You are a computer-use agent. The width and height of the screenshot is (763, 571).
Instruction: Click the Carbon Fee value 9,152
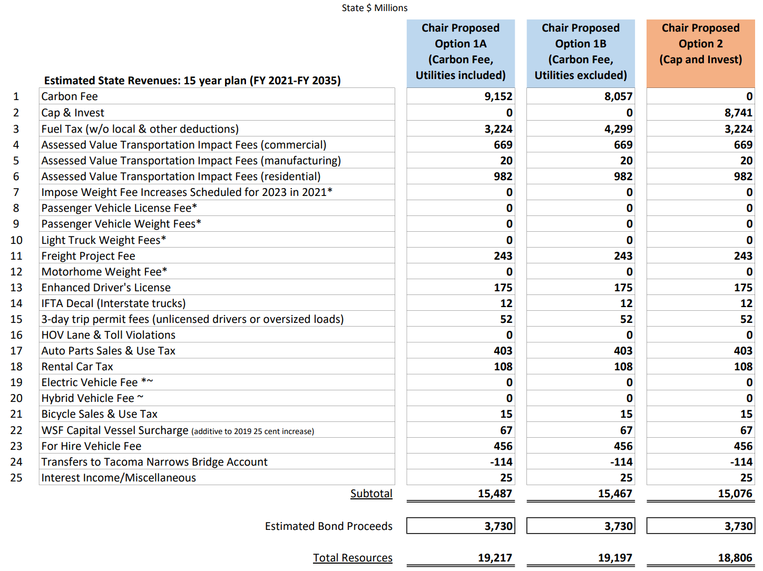(498, 96)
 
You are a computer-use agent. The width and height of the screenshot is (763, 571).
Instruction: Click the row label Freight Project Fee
(89, 256)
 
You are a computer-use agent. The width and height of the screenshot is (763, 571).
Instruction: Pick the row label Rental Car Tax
(77, 367)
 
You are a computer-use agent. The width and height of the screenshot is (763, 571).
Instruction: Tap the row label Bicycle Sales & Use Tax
(100, 414)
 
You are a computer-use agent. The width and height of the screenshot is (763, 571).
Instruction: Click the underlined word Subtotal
(371, 494)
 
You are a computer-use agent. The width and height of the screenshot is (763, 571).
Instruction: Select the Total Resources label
(353, 558)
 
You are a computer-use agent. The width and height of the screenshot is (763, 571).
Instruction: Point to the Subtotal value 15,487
(495, 494)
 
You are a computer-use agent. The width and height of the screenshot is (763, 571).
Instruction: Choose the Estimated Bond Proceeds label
(328, 526)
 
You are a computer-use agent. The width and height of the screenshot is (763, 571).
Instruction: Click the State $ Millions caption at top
(375, 8)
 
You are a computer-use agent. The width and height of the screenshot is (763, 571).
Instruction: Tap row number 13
(16, 288)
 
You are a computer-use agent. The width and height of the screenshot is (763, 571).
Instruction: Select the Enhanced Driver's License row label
(106, 288)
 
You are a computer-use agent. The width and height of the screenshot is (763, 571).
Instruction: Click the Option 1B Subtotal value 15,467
(615, 494)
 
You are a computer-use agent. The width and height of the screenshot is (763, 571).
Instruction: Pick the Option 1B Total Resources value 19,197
(615, 558)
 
